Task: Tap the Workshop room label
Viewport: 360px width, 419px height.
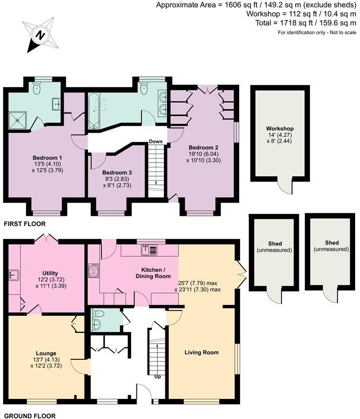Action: tap(280, 129)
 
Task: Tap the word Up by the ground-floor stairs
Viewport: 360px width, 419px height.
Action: tap(158, 377)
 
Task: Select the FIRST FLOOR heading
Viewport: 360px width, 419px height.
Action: tap(24, 224)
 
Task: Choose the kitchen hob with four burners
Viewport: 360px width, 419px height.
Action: tap(93, 271)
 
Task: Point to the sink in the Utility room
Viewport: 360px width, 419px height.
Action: tap(14, 275)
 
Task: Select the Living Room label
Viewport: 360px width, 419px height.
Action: tap(201, 352)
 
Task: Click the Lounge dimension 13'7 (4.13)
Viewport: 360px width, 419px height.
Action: tap(46, 359)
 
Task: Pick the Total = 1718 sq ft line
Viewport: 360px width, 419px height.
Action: tap(307, 23)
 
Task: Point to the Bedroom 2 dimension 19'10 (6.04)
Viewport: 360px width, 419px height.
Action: tap(203, 154)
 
